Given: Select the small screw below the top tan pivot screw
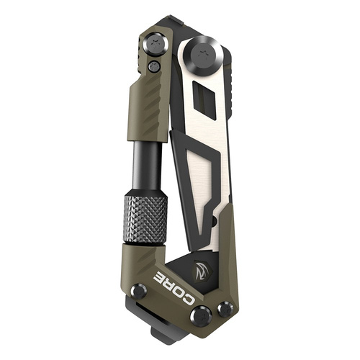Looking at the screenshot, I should [153, 66].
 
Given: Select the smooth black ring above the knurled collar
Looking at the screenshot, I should [147, 188].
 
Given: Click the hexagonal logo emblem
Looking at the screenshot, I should [202, 269].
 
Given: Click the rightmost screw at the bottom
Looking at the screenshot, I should [225, 308].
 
